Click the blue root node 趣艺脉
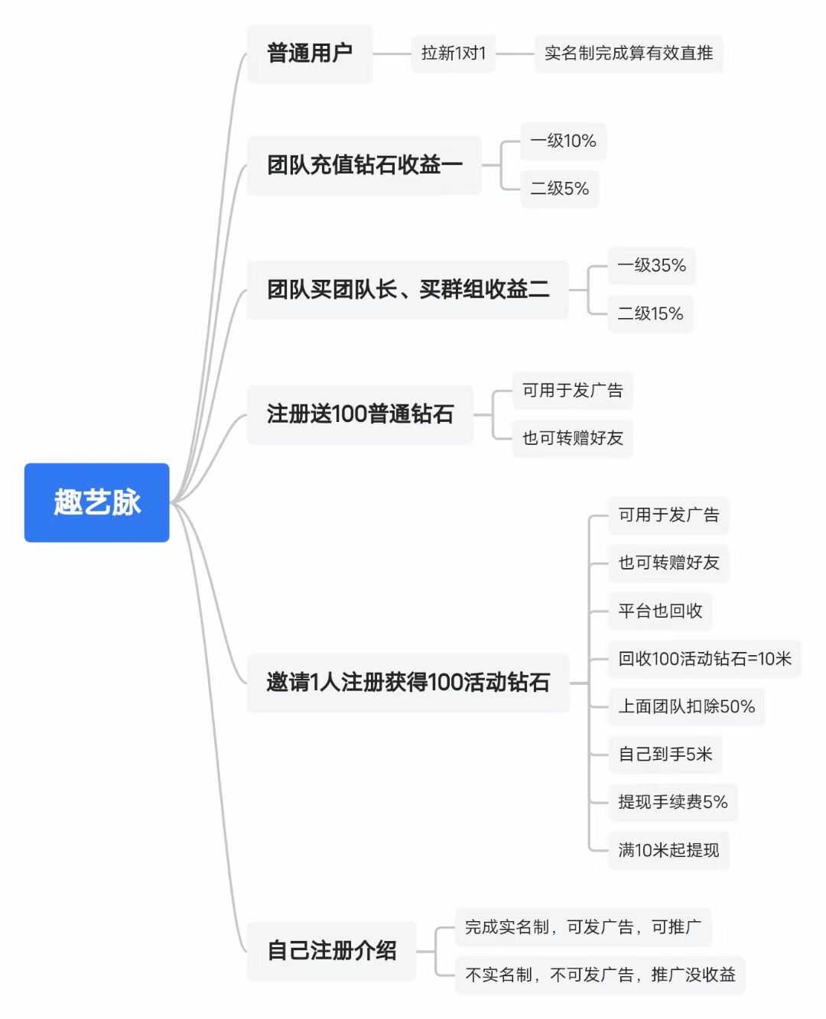96,502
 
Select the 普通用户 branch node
310,54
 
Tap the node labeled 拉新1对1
454,54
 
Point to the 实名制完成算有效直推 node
629,54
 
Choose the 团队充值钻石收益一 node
364,165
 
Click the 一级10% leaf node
563,141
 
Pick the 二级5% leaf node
559,189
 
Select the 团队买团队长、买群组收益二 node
408,290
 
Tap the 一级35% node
652,266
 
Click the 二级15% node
650,314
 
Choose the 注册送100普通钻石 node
360,414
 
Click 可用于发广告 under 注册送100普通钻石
572,391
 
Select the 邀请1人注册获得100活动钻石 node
408,683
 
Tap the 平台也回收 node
660,611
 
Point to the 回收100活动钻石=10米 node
705,659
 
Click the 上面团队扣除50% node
687,706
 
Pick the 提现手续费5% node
673,802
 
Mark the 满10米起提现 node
669,850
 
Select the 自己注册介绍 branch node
332,951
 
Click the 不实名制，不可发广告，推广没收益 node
600,975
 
